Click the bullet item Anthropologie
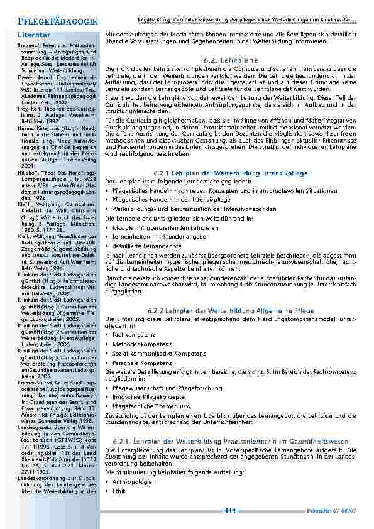[133, 481]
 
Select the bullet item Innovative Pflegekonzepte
[145, 397]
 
